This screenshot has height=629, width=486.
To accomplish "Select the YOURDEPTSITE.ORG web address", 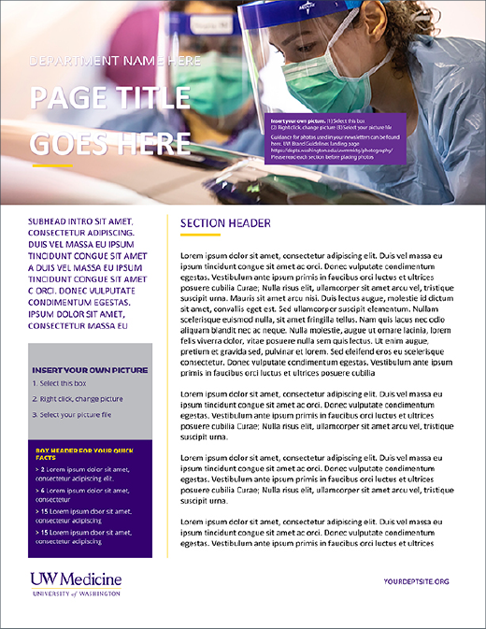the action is tap(416, 581).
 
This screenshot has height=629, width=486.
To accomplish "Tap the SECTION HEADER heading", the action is tap(225, 223).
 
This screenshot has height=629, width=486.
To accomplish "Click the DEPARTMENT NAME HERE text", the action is tap(115, 62).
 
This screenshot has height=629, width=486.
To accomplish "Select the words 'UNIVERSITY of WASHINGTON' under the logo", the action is tap(75, 593).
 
